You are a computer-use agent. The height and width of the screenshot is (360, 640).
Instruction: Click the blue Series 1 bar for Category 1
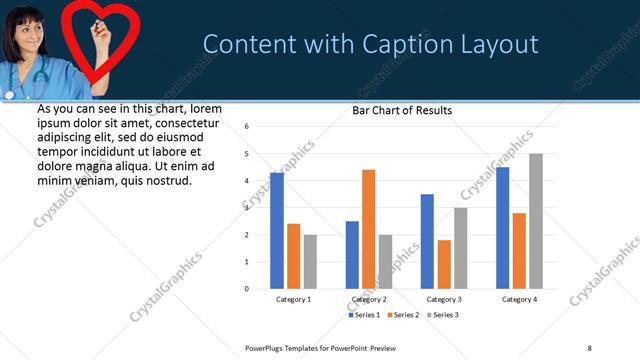click(277, 230)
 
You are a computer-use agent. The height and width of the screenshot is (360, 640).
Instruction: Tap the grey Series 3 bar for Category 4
click(536, 221)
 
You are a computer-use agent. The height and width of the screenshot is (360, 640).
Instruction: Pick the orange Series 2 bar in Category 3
click(444, 264)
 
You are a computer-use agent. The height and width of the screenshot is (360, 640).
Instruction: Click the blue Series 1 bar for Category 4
click(502, 228)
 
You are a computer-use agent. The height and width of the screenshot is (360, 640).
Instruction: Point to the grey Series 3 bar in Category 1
click(310, 261)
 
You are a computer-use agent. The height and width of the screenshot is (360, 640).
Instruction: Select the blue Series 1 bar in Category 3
click(427, 241)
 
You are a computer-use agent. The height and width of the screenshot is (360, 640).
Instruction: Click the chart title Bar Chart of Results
click(402, 111)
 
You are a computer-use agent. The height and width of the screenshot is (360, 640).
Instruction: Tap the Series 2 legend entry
click(403, 315)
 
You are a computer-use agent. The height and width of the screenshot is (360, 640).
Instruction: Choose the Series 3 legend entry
click(442, 315)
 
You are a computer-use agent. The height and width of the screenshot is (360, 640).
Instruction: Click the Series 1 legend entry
click(363, 315)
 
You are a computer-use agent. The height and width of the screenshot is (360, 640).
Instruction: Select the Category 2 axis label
click(368, 299)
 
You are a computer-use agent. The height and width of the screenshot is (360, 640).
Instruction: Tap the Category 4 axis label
click(519, 299)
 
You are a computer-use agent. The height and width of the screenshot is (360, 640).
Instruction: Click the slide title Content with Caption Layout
click(371, 44)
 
